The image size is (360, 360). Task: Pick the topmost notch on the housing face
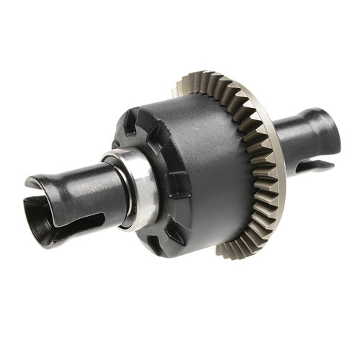[130, 119]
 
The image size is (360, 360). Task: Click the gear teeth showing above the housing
[216, 86]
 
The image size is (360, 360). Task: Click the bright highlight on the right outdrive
[302, 122]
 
